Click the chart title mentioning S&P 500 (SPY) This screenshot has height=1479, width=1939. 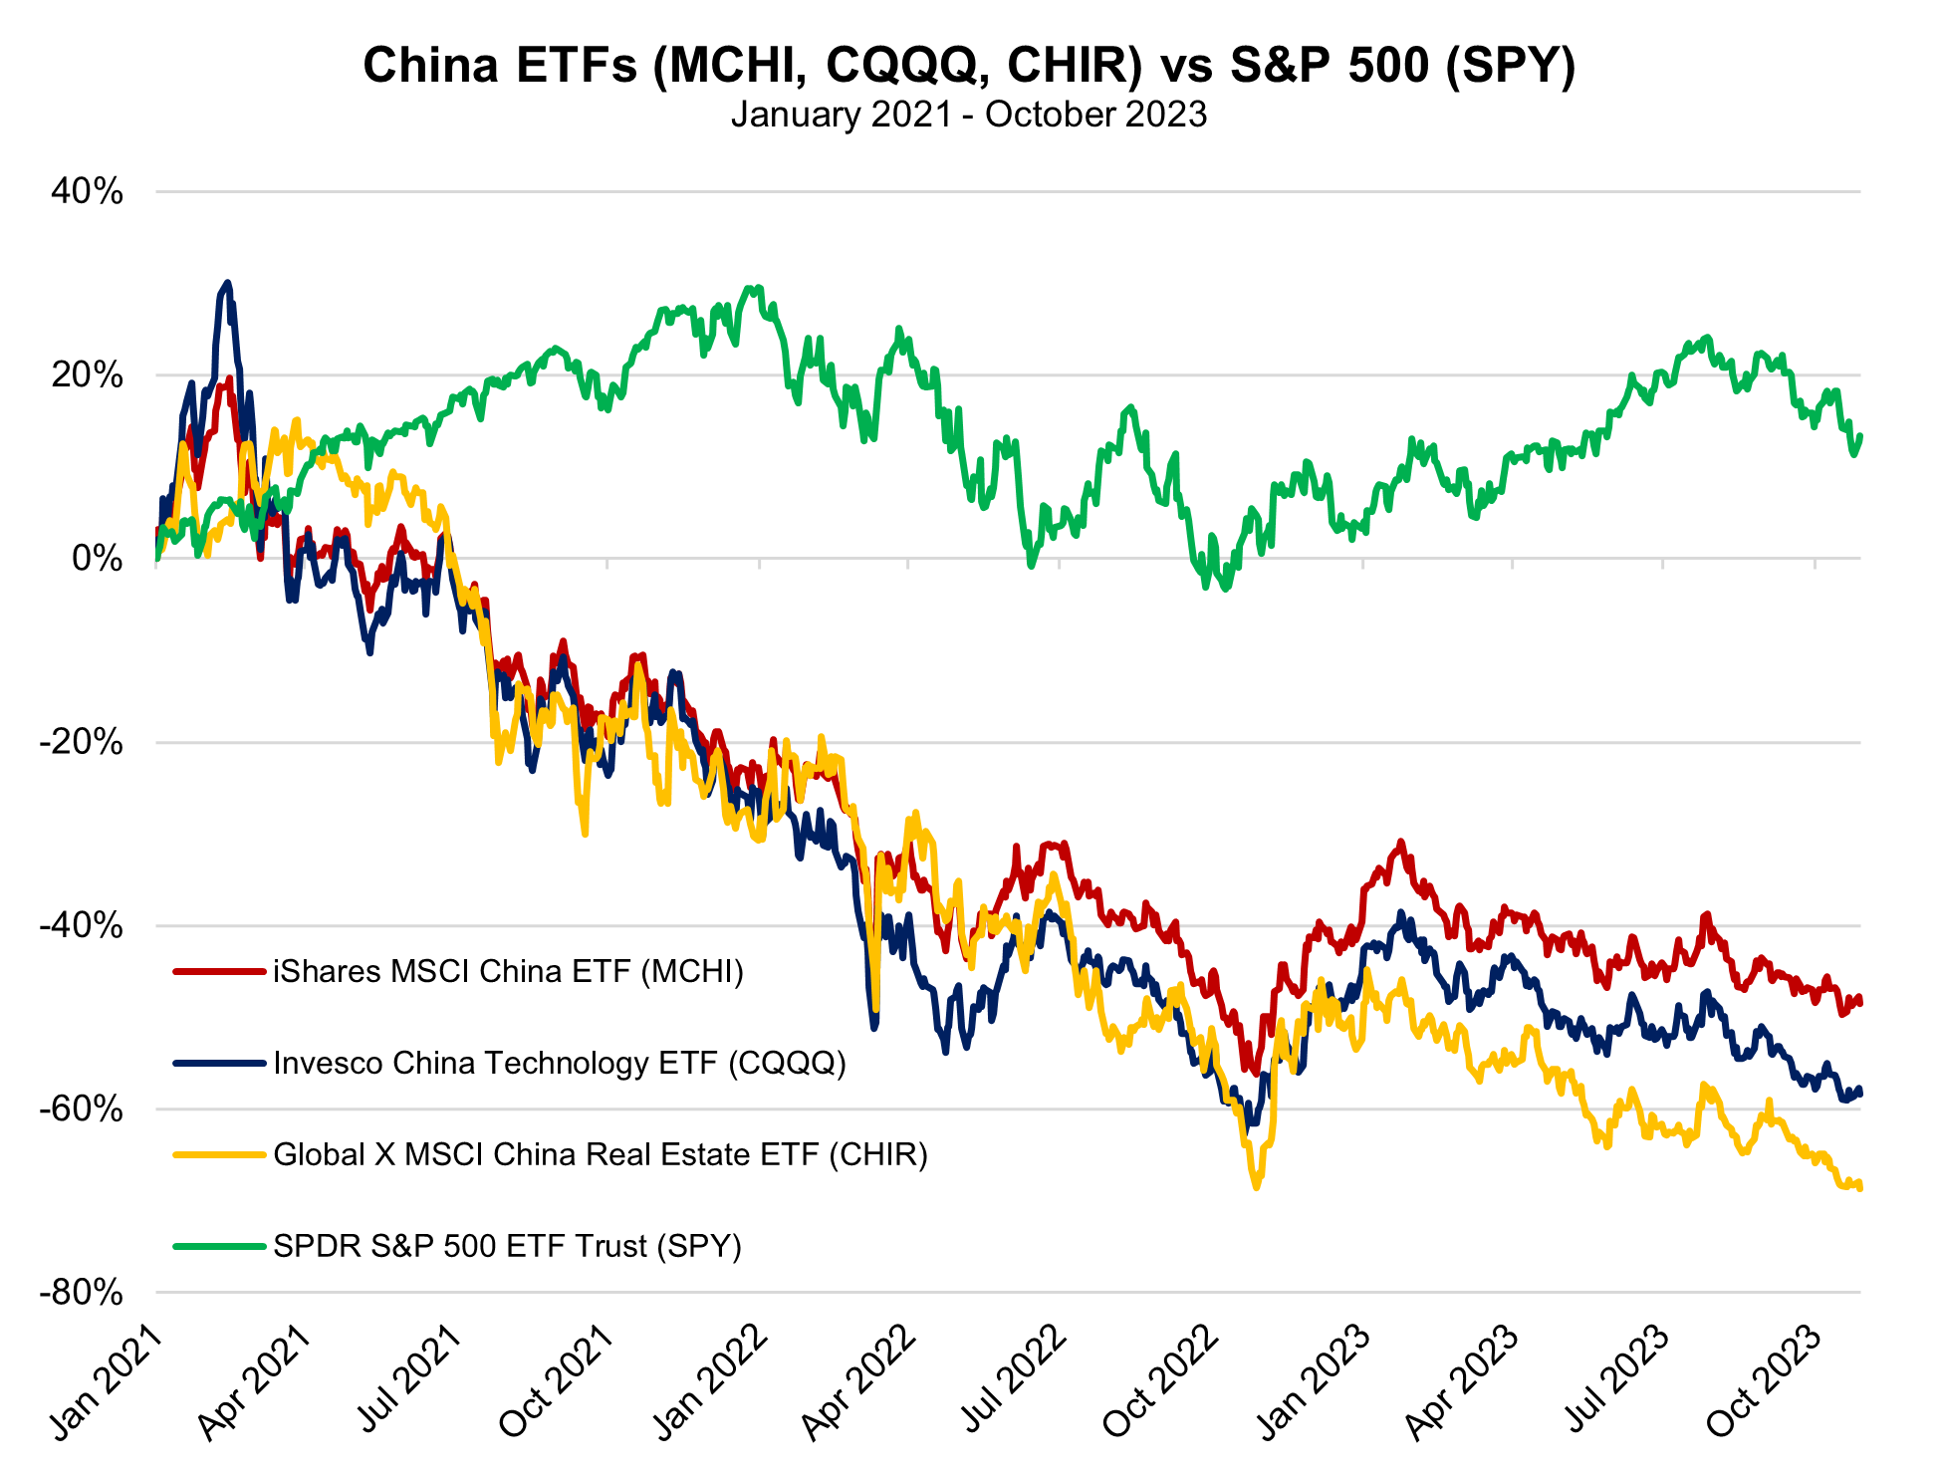click(968, 66)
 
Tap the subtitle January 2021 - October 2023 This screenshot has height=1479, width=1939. click(968, 115)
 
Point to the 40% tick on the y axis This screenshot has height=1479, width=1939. click(88, 191)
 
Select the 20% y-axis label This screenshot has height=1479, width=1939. click(88, 375)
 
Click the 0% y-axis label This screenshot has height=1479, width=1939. click(98, 559)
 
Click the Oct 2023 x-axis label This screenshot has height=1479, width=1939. click(1765, 1384)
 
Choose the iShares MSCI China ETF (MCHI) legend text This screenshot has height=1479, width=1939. click(508, 971)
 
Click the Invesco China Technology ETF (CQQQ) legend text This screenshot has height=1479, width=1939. click(559, 1063)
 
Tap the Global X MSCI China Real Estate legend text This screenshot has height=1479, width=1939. click(600, 1154)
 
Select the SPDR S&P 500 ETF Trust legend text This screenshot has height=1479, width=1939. click(507, 1246)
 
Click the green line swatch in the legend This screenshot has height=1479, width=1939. click(219, 1246)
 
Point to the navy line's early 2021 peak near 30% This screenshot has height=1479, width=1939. click(227, 284)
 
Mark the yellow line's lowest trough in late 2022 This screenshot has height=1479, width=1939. click(1256, 1186)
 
